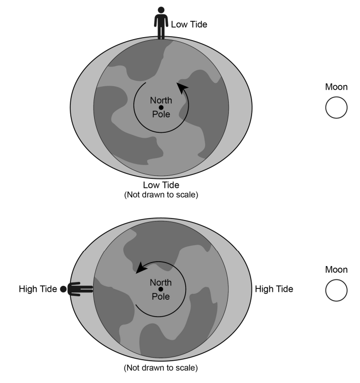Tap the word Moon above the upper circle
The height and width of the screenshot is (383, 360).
tap(336, 87)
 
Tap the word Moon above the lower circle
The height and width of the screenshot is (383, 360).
tap(336, 270)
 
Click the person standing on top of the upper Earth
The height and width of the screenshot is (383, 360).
tap(161, 23)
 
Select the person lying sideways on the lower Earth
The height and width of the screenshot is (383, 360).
tap(76, 289)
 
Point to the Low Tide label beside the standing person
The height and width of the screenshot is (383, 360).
tap(189, 24)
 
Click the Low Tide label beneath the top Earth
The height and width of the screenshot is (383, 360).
tap(161, 185)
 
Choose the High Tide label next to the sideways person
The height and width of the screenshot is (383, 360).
tap(38, 289)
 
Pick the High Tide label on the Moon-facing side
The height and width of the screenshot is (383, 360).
tap(274, 289)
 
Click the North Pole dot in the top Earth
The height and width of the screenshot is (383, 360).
tap(161, 108)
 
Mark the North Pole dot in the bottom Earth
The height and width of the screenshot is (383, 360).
tap(160, 289)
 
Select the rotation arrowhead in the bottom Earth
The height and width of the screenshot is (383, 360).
tap(141, 268)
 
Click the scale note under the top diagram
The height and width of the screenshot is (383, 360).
tap(161, 195)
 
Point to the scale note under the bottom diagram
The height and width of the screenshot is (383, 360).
tap(161, 368)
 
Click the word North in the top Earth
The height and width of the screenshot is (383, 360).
tap(161, 101)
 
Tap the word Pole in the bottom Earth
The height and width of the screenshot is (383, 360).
tap(160, 296)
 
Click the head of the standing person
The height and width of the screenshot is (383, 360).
tap(161, 10)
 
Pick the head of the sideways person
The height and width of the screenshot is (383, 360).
tap(63, 289)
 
